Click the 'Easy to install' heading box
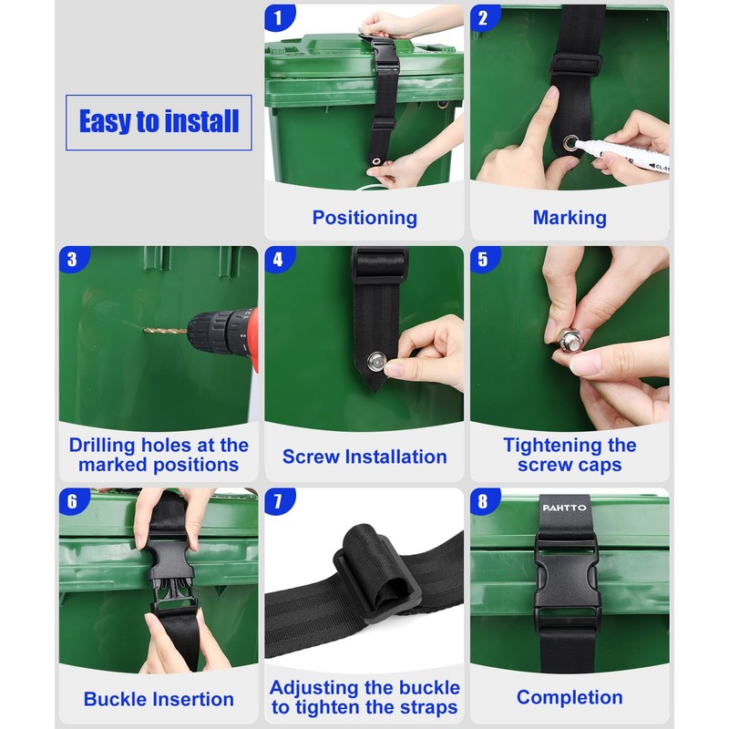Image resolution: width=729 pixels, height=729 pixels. (159, 122)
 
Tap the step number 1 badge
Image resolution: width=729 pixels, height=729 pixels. (279, 17)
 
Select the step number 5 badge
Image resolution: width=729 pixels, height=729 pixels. (484, 259)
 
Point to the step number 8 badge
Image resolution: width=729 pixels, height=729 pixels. (484, 500)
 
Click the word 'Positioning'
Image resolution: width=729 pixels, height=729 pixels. (364, 218)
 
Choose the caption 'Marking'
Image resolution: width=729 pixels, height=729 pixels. (570, 218)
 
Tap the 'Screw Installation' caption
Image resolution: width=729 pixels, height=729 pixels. (364, 457)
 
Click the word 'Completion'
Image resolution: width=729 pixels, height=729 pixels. (570, 697)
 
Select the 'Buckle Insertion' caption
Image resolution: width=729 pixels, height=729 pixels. (159, 699)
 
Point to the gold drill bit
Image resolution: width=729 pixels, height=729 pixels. (165, 331)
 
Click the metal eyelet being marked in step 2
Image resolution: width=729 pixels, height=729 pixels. (570, 143)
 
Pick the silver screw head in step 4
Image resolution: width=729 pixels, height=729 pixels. (375, 362)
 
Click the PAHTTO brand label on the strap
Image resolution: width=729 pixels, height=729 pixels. (564, 508)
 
